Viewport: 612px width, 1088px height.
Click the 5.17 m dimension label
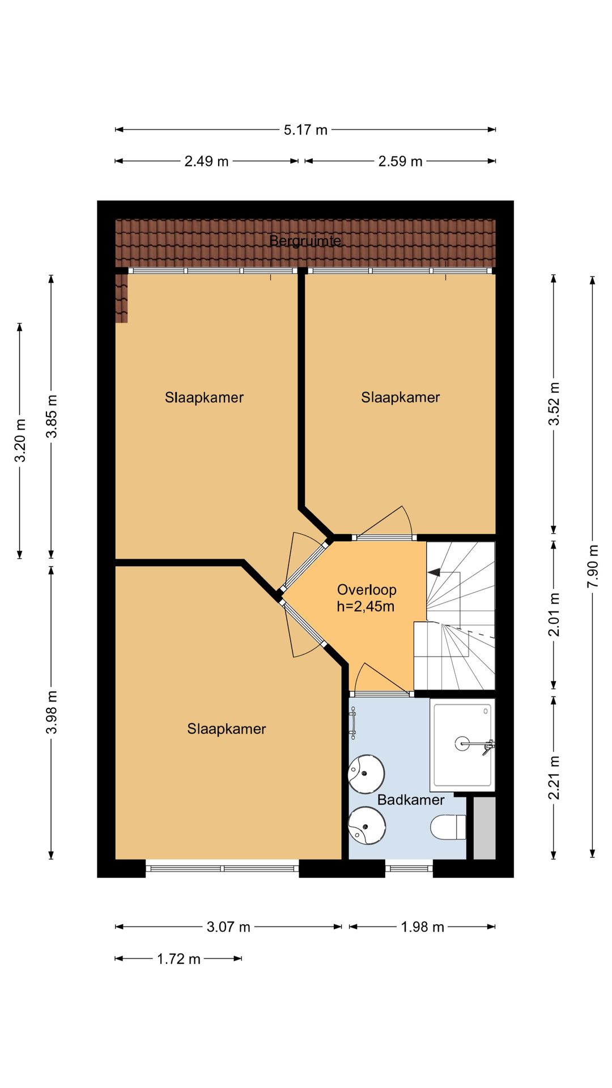305,130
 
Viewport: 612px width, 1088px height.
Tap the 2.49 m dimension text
206,161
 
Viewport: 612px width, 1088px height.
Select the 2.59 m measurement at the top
400,161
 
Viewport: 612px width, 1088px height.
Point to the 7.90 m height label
593,566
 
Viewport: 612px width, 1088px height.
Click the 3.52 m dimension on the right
554,403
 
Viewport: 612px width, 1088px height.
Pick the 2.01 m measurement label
554,614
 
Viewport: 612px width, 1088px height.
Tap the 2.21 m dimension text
554,777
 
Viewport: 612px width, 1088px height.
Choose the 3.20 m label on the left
20,440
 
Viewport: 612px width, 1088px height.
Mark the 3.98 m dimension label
52,712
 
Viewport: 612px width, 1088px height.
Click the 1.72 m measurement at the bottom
178,959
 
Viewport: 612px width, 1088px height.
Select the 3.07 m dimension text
228,927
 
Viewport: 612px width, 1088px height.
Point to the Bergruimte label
305,241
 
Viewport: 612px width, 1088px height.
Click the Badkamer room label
411,800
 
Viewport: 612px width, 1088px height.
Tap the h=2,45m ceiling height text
365,606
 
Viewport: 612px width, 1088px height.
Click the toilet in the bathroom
448,827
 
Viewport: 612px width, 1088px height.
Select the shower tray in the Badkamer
462,745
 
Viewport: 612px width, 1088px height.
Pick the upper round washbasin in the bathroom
366,773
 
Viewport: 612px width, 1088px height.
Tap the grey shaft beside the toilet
484,828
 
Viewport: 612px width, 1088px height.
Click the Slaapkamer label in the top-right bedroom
400,397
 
